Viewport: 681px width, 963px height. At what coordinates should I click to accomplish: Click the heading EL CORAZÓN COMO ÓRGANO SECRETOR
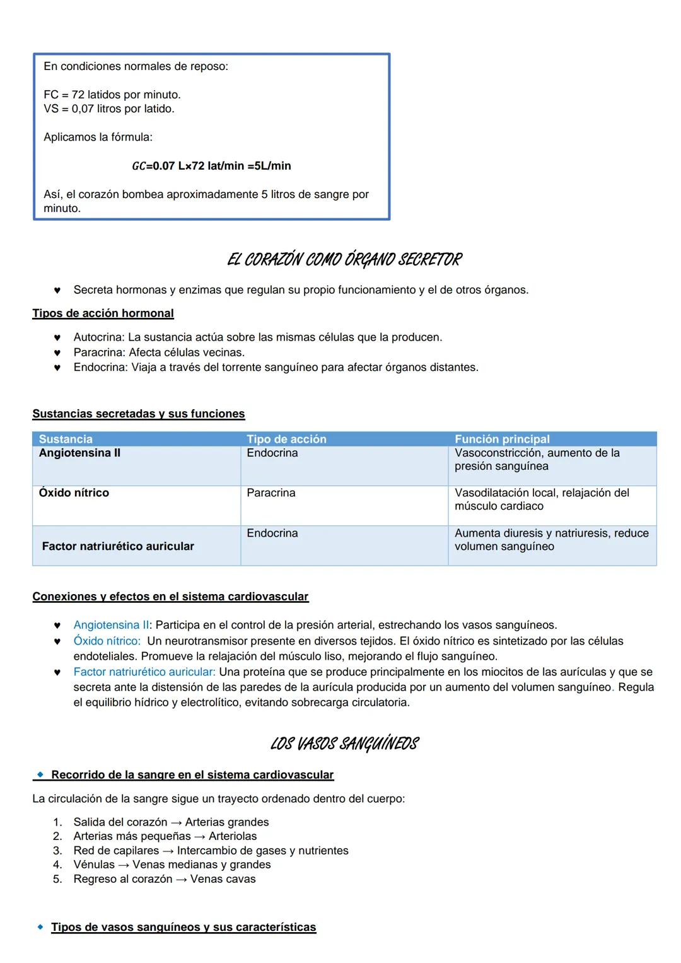[344, 260]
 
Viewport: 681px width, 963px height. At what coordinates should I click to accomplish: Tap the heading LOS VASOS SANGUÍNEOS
[344, 744]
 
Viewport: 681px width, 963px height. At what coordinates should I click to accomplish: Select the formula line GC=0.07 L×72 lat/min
[211, 166]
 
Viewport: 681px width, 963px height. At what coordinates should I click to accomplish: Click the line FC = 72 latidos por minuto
[112, 95]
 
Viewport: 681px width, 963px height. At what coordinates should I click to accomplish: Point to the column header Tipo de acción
[286, 439]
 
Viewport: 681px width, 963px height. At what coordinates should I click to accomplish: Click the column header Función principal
[502, 439]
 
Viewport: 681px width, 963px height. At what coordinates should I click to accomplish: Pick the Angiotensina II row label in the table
[79, 453]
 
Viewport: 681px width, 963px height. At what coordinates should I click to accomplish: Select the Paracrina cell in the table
[271, 493]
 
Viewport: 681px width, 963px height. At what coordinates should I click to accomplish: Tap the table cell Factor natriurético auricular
[118, 546]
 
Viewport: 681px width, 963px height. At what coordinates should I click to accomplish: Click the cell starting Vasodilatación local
[541, 499]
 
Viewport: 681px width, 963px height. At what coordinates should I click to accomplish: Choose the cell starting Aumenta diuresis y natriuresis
[551, 539]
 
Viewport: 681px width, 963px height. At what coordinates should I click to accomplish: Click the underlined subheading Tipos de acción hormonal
[103, 313]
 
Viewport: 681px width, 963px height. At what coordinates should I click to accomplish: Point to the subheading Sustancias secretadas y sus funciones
[139, 414]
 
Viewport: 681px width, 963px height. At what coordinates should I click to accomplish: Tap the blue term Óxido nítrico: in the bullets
[107, 641]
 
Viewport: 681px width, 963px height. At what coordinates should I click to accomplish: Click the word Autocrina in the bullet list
[98, 337]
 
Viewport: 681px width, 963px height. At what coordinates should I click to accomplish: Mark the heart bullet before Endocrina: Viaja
[57, 368]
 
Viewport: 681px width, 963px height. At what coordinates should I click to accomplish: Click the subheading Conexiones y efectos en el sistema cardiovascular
[170, 597]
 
